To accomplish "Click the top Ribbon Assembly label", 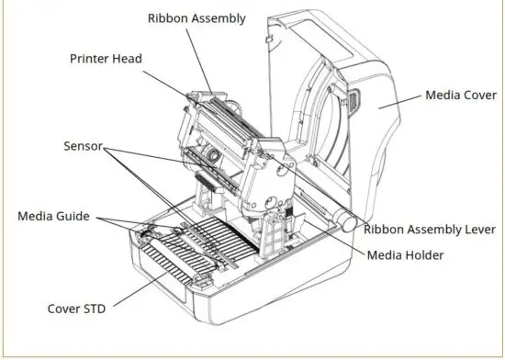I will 196,17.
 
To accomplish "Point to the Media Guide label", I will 53,216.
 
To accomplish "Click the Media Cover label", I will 459,95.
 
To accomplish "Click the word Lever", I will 477,230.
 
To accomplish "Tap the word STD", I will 94,309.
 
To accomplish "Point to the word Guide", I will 72,216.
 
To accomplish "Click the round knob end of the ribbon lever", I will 346,219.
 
